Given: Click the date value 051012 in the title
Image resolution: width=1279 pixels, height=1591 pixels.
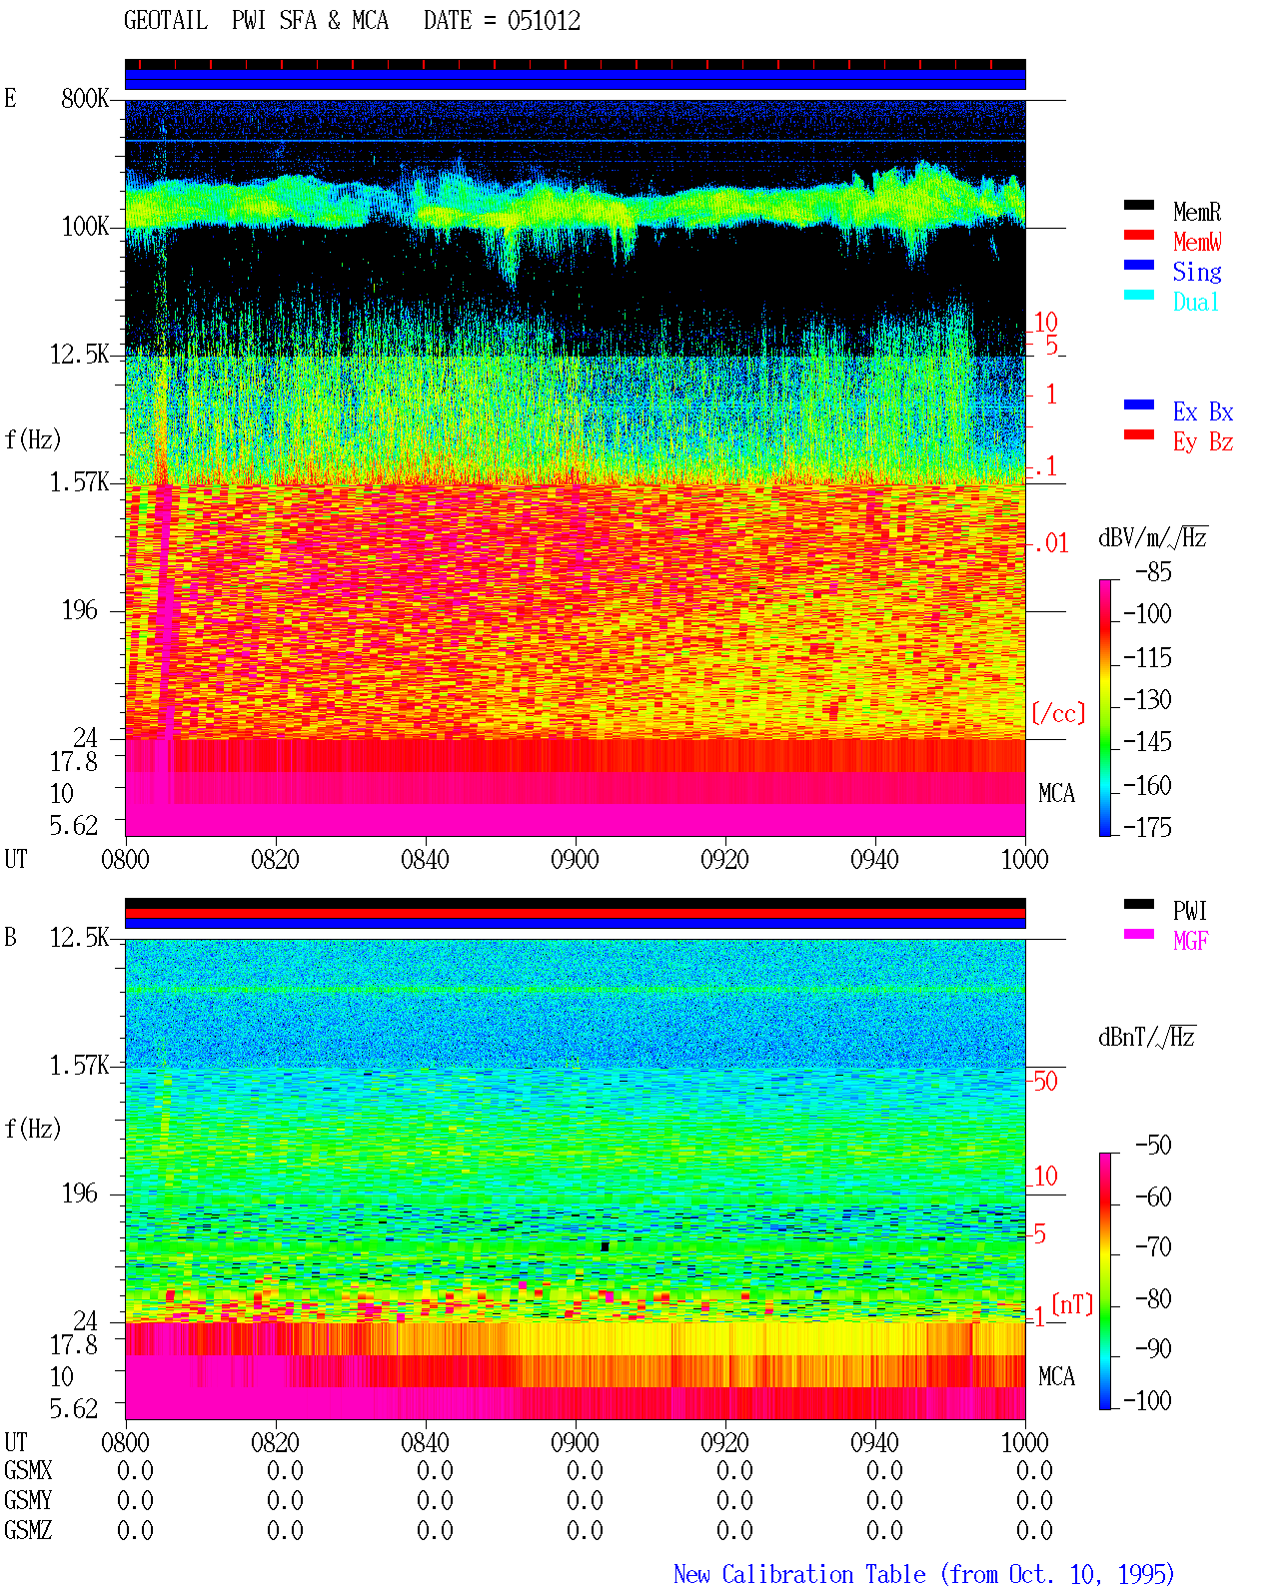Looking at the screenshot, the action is tap(544, 21).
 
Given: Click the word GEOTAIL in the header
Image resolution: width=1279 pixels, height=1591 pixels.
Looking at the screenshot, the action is tap(166, 21).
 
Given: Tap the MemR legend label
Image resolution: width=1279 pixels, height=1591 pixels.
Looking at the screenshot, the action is tap(1197, 212).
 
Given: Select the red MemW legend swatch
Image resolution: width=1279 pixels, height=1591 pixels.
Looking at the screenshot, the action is tap(1138, 235).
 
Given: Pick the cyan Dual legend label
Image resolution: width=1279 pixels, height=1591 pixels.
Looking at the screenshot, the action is tap(1196, 302).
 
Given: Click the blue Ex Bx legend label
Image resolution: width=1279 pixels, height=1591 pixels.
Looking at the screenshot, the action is tap(1203, 411).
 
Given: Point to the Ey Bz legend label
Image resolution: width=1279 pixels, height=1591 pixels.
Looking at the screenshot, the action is tap(1203, 441).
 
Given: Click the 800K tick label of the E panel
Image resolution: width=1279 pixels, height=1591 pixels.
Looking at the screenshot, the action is tap(85, 98).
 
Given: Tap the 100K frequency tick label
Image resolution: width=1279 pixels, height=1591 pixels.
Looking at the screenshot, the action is tap(85, 227).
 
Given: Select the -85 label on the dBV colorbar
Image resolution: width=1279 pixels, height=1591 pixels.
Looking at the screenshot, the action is tap(1153, 571).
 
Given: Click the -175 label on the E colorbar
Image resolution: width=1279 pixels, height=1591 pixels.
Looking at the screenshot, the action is tap(1147, 827).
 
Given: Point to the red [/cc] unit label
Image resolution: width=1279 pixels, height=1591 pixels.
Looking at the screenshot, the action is tap(1058, 713).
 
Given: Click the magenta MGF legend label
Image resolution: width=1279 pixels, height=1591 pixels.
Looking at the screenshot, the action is tap(1191, 941).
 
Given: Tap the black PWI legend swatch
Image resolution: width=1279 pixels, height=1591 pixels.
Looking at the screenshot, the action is tap(1138, 904).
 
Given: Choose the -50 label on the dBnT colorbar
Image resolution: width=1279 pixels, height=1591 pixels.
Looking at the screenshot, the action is tap(1153, 1146).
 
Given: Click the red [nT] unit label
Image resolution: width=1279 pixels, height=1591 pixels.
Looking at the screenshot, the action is tap(1072, 1303).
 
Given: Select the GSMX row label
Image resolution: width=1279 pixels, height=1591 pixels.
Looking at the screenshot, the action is tap(28, 1470).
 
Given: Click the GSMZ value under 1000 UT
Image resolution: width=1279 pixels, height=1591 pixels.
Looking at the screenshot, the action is tap(1034, 1530).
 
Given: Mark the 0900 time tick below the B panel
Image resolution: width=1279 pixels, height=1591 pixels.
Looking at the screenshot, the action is tap(575, 1442).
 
